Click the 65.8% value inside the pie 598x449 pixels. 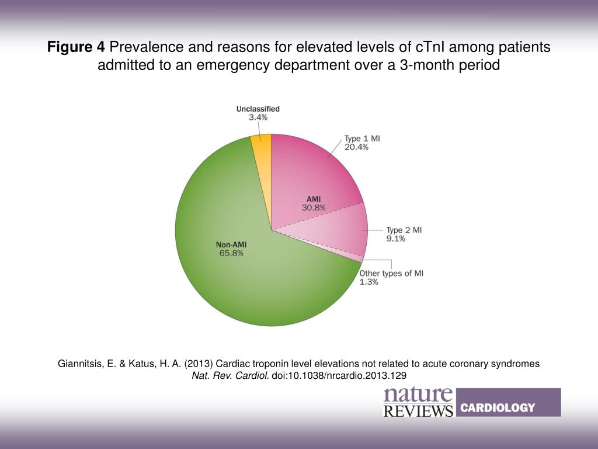coord(231,253)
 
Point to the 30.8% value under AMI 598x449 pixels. coord(314,208)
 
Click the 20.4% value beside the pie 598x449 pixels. coord(356,147)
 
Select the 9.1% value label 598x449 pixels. coord(395,239)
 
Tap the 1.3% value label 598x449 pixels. coord(368,282)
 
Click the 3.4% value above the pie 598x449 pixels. coord(258,117)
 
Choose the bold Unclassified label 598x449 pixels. coord(258,109)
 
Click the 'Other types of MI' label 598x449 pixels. coord(391,274)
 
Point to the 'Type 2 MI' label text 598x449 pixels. coord(404,230)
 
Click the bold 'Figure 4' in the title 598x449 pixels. coord(75,47)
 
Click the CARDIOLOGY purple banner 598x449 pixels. coord(509,402)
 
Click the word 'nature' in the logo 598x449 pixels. coord(418,395)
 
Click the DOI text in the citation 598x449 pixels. coord(339,376)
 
